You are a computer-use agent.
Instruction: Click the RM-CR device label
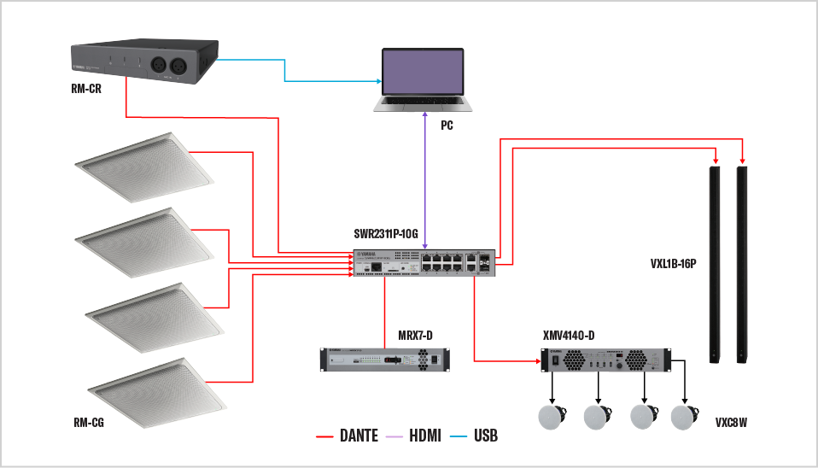pos(87,88)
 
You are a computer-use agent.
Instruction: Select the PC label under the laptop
pos(447,126)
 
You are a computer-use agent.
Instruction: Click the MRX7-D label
pos(415,334)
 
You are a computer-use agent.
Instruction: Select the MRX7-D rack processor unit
pos(383,360)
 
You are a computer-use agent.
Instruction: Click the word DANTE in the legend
pos(359,436)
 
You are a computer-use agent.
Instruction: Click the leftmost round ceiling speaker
pos(552,417)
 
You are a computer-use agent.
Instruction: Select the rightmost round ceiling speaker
pos(685,417)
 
